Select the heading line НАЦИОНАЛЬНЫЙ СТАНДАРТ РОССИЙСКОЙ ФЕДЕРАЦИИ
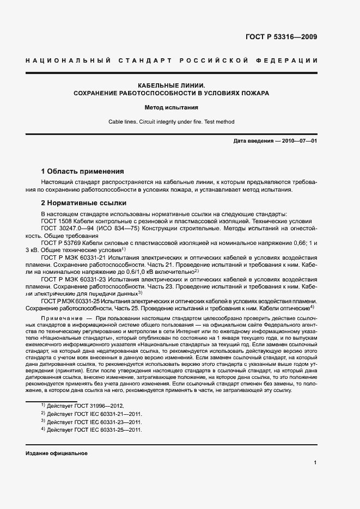tap(171, 60)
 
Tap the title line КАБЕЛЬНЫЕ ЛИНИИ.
tap(171, 85)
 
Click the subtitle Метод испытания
tap(171, 107)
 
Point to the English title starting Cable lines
tap(171, 122)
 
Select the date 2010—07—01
tap(299, 140)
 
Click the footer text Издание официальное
tap(56, 453)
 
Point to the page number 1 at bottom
tap(315, 463)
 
